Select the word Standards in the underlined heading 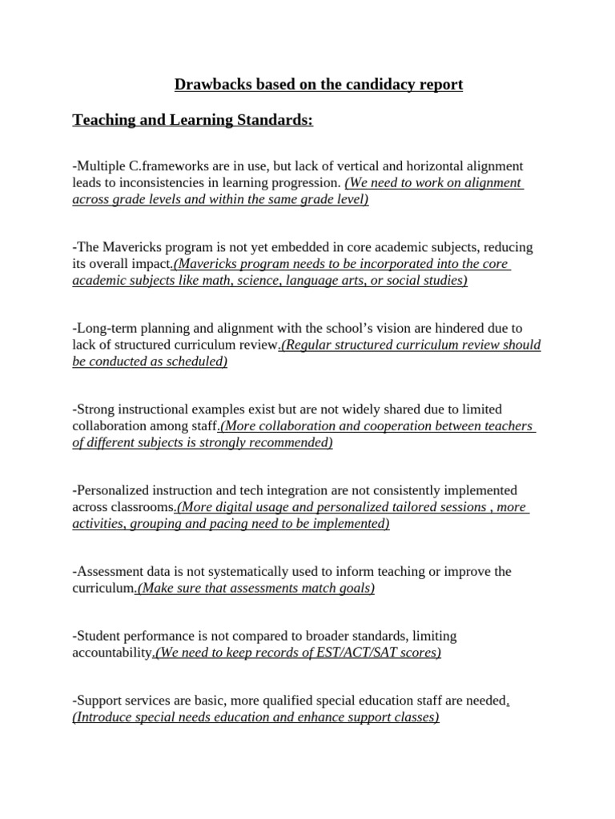[271, 121]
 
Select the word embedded [294, 248]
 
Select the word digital [237, 507]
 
